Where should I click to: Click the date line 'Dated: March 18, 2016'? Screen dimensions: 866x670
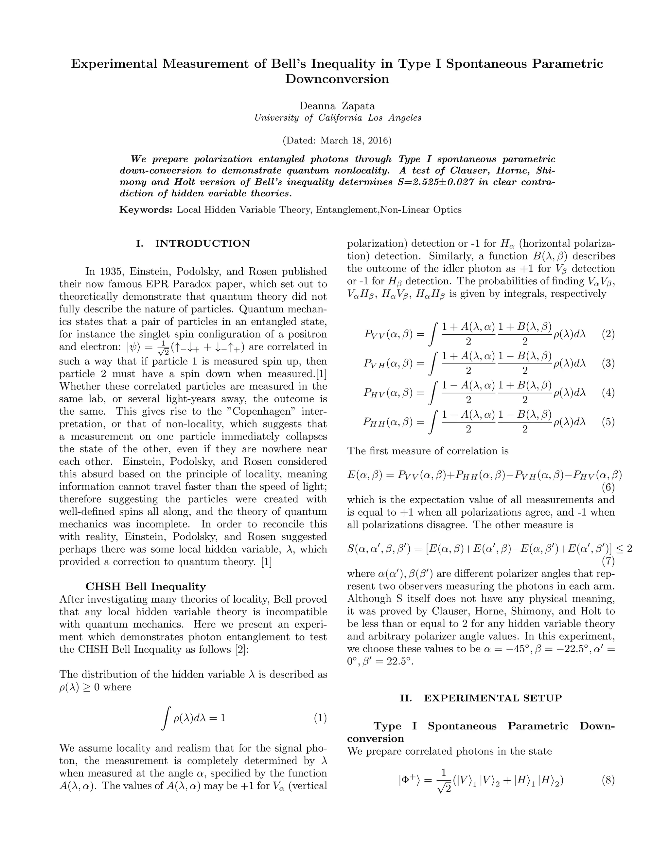tap(337, 141)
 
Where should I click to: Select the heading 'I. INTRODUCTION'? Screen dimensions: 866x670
tap(193, 243)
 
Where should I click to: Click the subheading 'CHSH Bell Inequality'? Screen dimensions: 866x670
tap(146, 587)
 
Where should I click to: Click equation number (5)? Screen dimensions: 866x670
tap(608, 422)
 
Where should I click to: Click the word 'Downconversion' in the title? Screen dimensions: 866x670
tap(337, 79)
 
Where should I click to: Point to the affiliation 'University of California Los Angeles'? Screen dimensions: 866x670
tap(337, 118)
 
